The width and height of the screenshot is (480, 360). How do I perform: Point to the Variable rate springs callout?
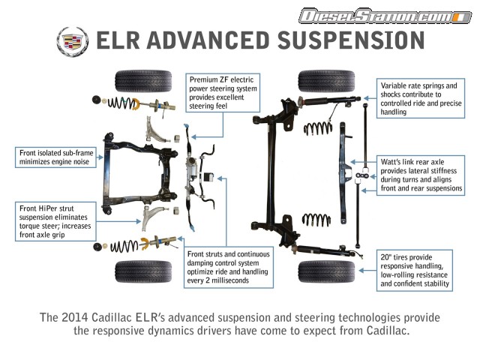[420, 97]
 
